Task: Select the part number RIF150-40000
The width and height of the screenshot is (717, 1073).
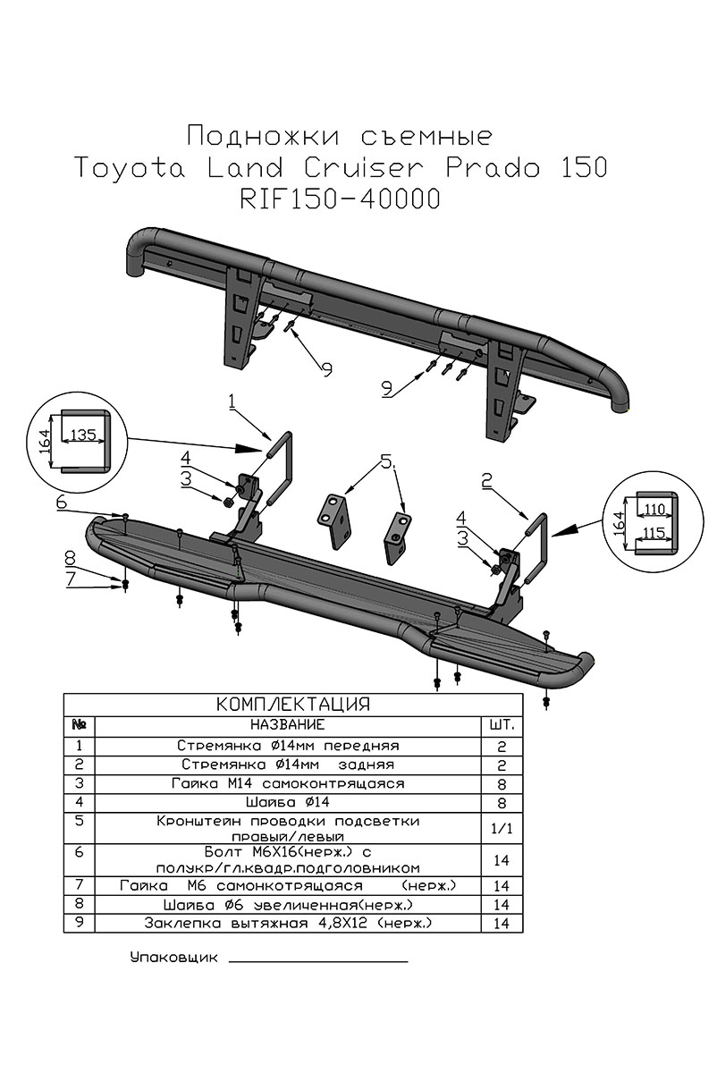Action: click(x=340, y=199)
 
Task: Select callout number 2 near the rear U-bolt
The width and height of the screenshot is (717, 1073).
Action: click(x=486, y=482)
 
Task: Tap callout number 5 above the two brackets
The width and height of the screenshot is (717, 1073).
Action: click(x=386, y=462)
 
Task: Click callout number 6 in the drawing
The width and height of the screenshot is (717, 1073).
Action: click(x=61, y=503)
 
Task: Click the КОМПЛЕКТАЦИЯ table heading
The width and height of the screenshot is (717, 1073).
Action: click(x=293, y=704)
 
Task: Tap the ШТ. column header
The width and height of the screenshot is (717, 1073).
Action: click(x=501, y=723)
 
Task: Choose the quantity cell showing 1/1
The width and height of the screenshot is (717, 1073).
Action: click(x=501, y=828)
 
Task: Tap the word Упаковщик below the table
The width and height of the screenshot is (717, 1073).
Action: click(x=173, y=957)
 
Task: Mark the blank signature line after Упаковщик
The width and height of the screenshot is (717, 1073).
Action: click(x=318, y=960)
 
